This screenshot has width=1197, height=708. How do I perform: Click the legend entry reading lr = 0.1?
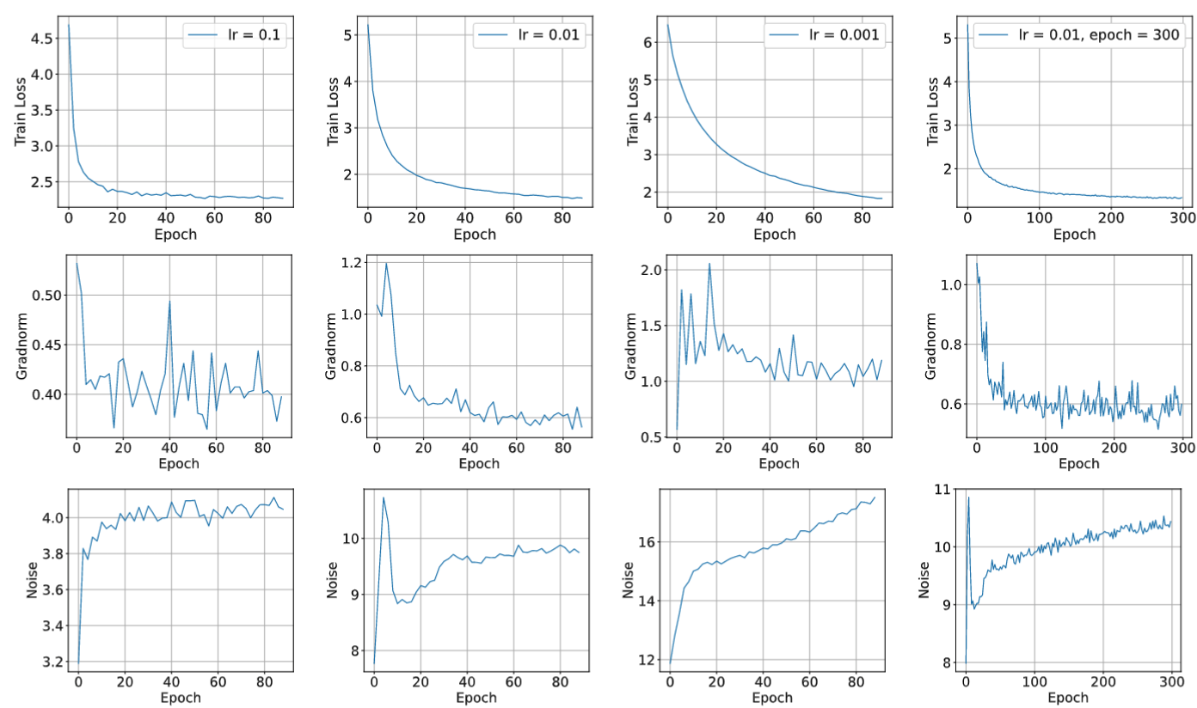point(249,34)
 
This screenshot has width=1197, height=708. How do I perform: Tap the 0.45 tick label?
point(42,345)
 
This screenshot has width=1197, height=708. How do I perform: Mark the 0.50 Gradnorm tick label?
point(42,295)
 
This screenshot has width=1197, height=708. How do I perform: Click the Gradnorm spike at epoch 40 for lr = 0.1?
point(169,300)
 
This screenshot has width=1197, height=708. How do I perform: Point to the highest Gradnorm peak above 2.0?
point(709,263)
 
